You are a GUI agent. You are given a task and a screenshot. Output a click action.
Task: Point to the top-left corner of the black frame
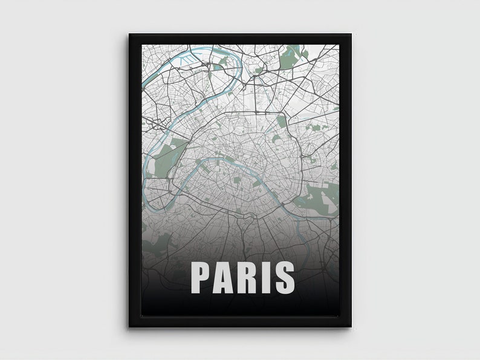pos(129,34)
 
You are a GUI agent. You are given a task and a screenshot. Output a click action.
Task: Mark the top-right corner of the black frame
pos(351,34)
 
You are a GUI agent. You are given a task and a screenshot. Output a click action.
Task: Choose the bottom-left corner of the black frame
pos(129,327)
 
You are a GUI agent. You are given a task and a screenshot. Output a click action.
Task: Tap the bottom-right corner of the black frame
pos(351,327)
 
